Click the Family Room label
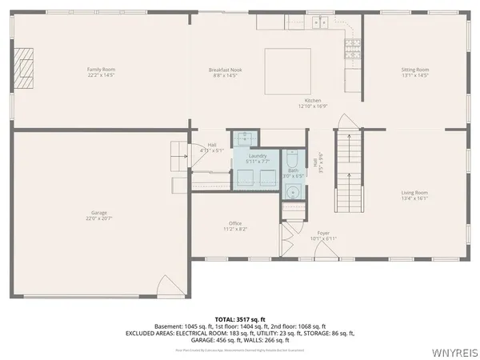101,70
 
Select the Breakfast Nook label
226,70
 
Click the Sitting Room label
415,70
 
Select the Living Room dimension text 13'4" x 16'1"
415,198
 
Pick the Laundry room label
258,155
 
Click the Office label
235,223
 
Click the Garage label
99,212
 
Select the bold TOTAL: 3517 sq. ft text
239,318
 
